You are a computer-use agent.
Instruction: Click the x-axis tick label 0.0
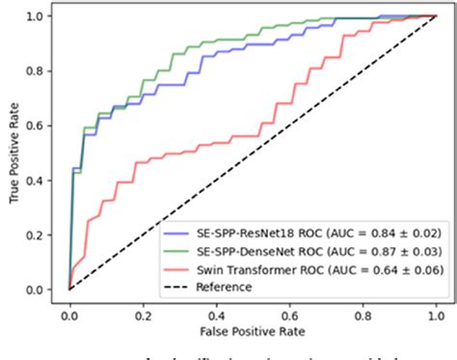[x=69, y=314]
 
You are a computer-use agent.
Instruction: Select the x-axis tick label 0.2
[x=143, y=314]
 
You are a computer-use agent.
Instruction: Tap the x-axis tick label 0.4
[x=216, y=314]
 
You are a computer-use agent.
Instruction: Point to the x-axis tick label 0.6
[x=289, y=314]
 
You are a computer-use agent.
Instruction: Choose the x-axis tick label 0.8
[x=363, y=314]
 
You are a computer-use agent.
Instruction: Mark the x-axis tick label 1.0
[x=436, y=314]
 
